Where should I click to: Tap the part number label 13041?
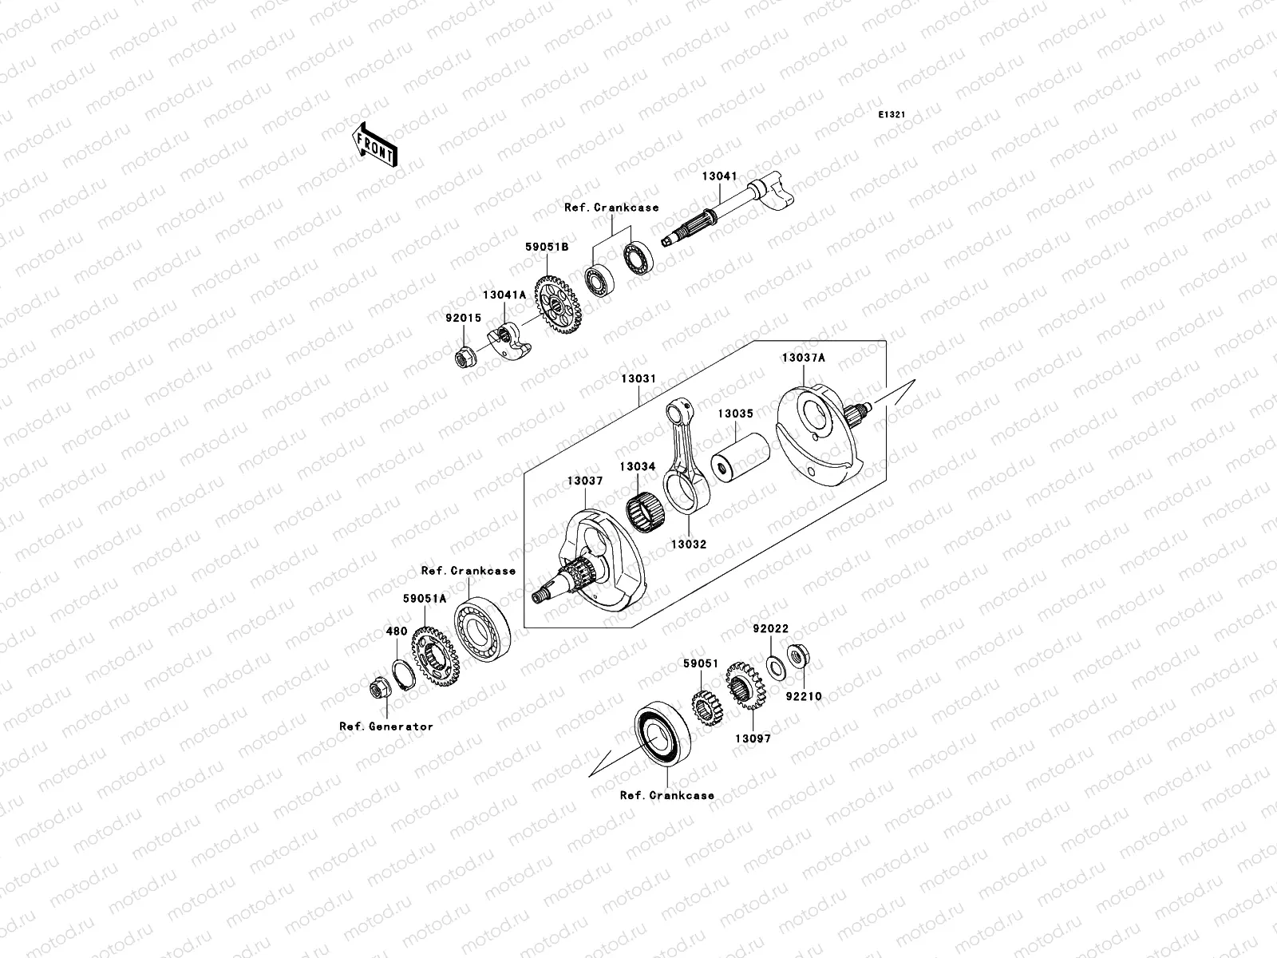(719, 176)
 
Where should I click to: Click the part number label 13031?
(639, 378)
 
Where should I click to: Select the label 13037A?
(803, 358)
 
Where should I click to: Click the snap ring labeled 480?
(404, 675)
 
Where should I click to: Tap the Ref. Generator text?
(385, 726)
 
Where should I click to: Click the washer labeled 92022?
(773, 664)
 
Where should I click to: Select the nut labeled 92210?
(795, 657)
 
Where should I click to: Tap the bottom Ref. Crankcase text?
(666, 795)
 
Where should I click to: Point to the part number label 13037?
(585, 481)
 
